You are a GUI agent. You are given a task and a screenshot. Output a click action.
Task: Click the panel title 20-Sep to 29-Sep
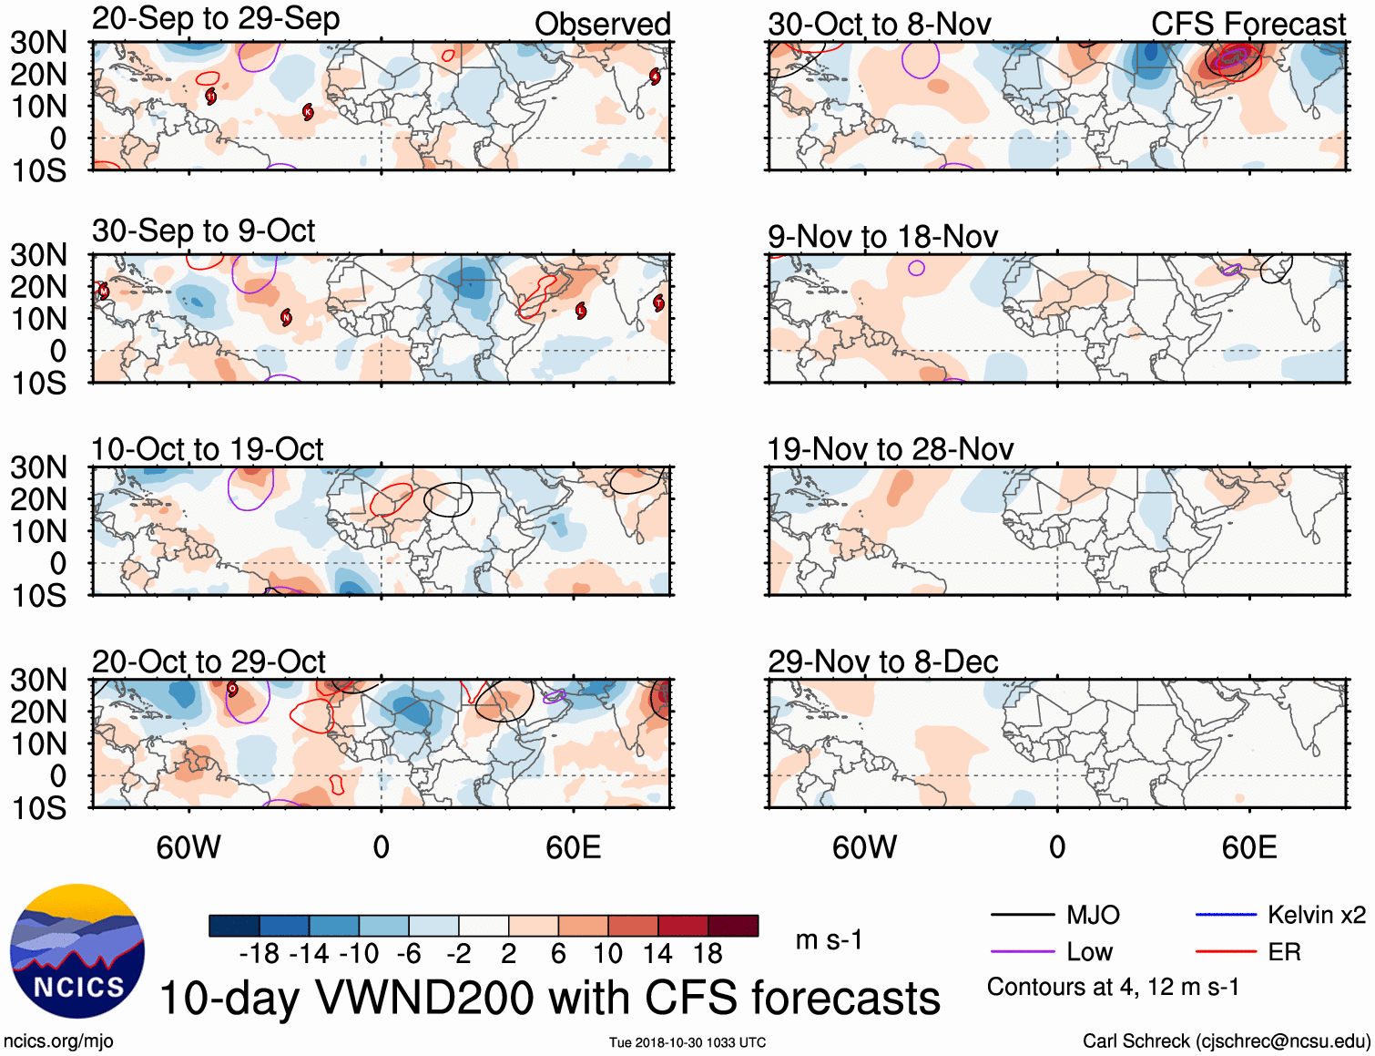216,19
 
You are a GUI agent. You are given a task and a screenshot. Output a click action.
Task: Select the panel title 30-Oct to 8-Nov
879,25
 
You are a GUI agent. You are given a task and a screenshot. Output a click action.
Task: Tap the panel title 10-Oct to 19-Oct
208,449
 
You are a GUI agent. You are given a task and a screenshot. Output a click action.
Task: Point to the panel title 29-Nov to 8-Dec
882,661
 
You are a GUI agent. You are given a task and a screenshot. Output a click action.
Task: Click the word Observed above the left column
602,25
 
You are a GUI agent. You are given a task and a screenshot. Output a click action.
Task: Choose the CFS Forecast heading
1248,25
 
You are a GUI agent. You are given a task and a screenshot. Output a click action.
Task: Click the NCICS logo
77,951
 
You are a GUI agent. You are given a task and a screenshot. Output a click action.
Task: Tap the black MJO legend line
1022,915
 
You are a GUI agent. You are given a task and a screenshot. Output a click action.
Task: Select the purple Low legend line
1022,952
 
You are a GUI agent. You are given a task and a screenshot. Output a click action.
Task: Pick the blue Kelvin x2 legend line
1226,915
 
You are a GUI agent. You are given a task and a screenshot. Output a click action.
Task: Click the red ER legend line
1226,952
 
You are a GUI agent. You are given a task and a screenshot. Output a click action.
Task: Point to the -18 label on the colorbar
260,954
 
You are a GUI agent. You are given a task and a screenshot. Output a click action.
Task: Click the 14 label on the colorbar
657,954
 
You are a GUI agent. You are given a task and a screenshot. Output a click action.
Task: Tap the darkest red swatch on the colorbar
733,926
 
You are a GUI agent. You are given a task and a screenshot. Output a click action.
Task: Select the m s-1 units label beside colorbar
829,939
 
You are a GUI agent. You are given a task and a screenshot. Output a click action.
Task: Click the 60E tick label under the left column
573,848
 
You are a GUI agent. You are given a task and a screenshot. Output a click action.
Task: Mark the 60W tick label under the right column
864,848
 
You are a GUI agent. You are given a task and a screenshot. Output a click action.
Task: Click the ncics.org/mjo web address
58,1041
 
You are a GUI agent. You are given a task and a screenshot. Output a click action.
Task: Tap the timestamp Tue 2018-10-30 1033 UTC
687,1042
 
